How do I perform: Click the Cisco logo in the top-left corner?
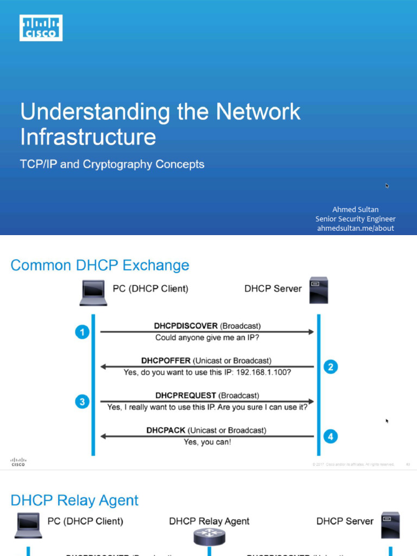(41, 28)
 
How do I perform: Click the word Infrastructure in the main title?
(88, 136)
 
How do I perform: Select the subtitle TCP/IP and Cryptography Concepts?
(112, 164)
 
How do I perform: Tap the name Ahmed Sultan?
(355, 209)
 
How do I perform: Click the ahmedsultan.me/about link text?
(355, 228)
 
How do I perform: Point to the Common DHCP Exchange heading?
(100, 266)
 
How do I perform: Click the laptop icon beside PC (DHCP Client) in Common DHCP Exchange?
(93, 292)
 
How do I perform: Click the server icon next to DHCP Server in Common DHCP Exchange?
(319, 290)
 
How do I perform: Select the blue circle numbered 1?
(82, 332)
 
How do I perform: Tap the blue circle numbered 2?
(331, 367)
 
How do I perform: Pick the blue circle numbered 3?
(82, 402)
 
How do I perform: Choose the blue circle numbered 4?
(331, 436)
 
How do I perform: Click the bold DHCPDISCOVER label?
(186, 326)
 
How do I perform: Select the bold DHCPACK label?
(167, 430)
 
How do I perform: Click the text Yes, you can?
(207, 442)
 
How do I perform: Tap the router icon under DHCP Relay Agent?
(208, 538)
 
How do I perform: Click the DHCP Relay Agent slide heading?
(75, 500)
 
